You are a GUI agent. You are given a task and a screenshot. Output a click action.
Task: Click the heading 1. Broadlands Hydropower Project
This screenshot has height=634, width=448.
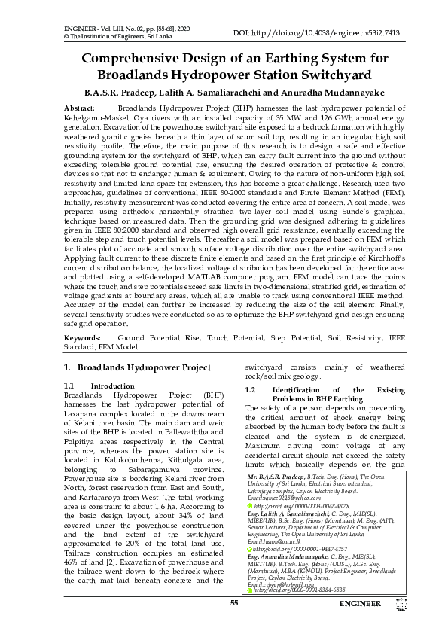pos(137,367)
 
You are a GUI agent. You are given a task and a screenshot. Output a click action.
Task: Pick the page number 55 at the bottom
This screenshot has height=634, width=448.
pos(234,624)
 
